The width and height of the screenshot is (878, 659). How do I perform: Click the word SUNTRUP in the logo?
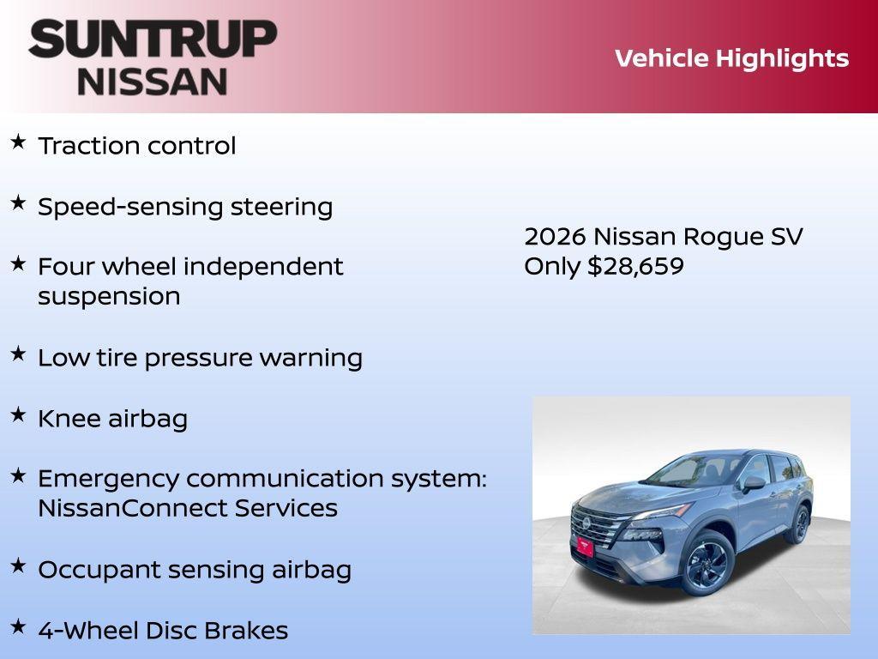click(x=153, y=39)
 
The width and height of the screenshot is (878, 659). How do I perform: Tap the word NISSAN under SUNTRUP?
click(x=153, y=82)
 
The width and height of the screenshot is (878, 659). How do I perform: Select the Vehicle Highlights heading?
click(x=731, y=58)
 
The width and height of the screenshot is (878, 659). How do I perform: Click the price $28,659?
click(x=635, y=266)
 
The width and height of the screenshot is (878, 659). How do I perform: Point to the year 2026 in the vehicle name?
click(x=554, y=237)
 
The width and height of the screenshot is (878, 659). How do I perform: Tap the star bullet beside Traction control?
click(x=18, y=142)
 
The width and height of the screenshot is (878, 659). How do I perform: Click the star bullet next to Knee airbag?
click(x=18, y=415)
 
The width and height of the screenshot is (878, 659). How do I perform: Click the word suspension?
click(x=109, y=296)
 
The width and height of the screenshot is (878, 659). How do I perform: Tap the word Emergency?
click(x=108, y=479)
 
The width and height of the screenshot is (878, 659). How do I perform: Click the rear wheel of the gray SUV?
click(x=800, y=523)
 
